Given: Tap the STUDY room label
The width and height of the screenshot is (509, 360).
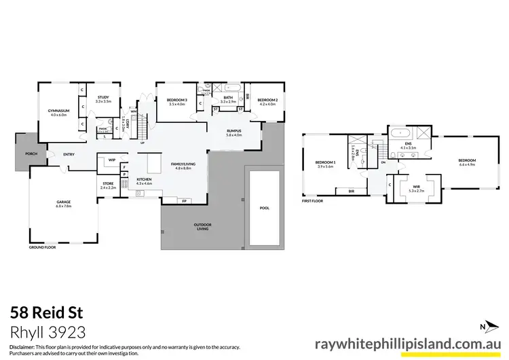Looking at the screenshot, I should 103,99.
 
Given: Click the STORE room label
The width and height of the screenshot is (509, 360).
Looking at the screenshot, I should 107,183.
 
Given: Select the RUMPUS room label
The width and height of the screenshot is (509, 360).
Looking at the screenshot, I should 233,132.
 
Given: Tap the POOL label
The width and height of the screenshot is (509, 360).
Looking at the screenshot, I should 265,209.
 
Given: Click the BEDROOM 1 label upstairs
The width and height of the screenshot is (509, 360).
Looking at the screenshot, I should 326,164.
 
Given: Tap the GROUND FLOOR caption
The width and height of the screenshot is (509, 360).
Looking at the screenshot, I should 41,248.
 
